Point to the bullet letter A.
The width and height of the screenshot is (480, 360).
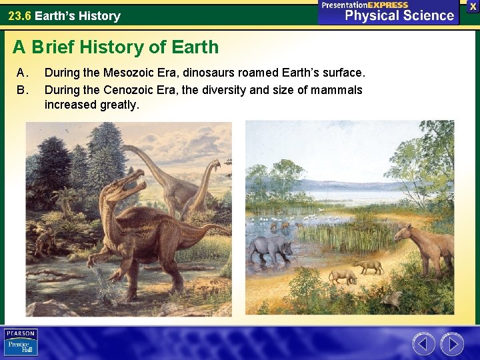tap(21, 72)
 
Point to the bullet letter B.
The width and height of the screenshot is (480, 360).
tap(21, 89)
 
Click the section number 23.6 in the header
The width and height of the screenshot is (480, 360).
tap(19, 15)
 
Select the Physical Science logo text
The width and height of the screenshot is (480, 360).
tap(399, 15)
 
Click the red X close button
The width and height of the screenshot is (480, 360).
tap(472, 5)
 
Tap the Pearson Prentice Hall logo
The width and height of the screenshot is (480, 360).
tap(21, 343)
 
